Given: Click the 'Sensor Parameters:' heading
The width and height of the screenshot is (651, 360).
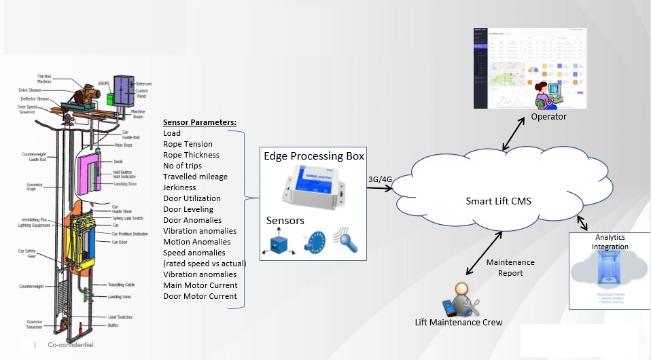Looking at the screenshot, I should (x=199, y=122).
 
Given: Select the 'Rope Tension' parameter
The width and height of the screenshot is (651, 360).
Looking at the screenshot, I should (x=188, y=144).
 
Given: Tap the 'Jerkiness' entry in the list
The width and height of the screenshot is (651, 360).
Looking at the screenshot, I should (x=179, y=187).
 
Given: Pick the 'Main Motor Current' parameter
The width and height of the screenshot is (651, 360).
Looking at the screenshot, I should (x=200, y=285).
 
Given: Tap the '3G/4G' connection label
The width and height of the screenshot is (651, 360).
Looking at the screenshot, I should (x=379, y=180).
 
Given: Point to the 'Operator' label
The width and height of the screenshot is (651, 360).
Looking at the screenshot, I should (x=548, y=117).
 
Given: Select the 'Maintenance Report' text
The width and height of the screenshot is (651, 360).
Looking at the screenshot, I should (x=510, y=268).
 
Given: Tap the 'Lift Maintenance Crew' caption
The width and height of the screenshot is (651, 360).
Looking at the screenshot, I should (x=459, y=322).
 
